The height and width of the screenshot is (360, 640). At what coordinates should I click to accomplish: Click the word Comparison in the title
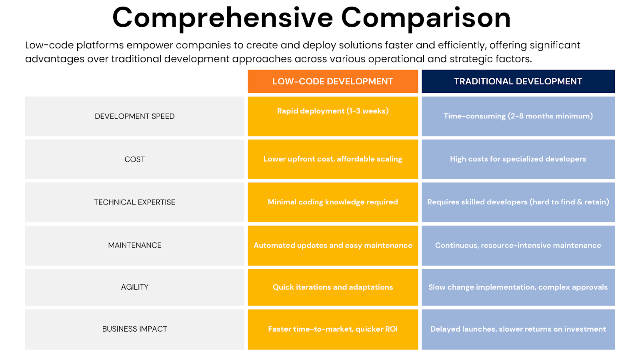click(x=426, y=18)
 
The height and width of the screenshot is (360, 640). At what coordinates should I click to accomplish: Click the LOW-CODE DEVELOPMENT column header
click(x=333, y=82)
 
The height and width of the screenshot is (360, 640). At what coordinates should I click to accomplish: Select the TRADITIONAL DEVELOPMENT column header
click(x=518, y=82)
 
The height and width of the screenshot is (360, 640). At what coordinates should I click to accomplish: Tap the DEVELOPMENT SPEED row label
click(x=134, y=116)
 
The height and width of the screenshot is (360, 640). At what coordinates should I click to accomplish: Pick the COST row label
click(x=134, y=159)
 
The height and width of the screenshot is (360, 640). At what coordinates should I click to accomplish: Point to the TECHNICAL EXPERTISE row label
click(x=134, y=202)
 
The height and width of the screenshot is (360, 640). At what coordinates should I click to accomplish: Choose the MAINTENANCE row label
click(x=134, y=245)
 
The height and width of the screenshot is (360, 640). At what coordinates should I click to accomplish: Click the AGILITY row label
click(x=134, y=287)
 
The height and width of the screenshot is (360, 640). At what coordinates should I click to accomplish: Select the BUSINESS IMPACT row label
click(x=134, y=329)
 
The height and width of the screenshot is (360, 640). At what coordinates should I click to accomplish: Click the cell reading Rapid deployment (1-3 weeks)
click(x=333, y=111)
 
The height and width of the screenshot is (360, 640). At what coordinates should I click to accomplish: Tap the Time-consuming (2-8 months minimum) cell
click(x=518, y=116)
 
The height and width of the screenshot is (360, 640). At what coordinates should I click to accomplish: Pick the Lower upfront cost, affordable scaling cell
click(x=333, y=159)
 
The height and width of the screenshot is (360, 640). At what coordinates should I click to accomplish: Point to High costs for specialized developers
click(x=518, y=159)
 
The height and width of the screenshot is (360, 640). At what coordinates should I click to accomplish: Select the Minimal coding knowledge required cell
click(x=333, y=202)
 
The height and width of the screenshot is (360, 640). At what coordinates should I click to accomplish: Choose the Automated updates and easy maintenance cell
click(x=333, y=246)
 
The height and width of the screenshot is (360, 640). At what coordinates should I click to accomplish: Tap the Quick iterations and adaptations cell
click(x=333, y=287)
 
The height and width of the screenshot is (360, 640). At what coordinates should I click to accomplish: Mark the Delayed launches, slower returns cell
click(x=518, y=329)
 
